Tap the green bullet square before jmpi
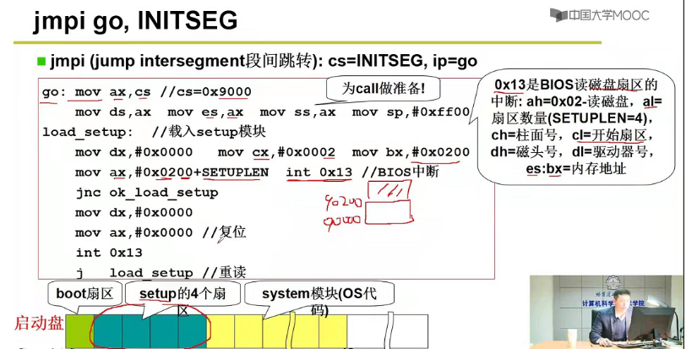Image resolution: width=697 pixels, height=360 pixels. coord(41,61)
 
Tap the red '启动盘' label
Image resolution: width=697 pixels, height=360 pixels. coord(38,323)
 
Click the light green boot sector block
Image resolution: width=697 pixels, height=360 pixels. coord(79,330)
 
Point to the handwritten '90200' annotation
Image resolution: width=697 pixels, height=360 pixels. coord(343,204)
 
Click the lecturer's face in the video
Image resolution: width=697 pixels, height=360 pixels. coord(621,300)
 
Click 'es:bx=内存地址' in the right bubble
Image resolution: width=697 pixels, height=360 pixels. coord(574,169)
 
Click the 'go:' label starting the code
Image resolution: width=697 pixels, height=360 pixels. coord(53,91)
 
